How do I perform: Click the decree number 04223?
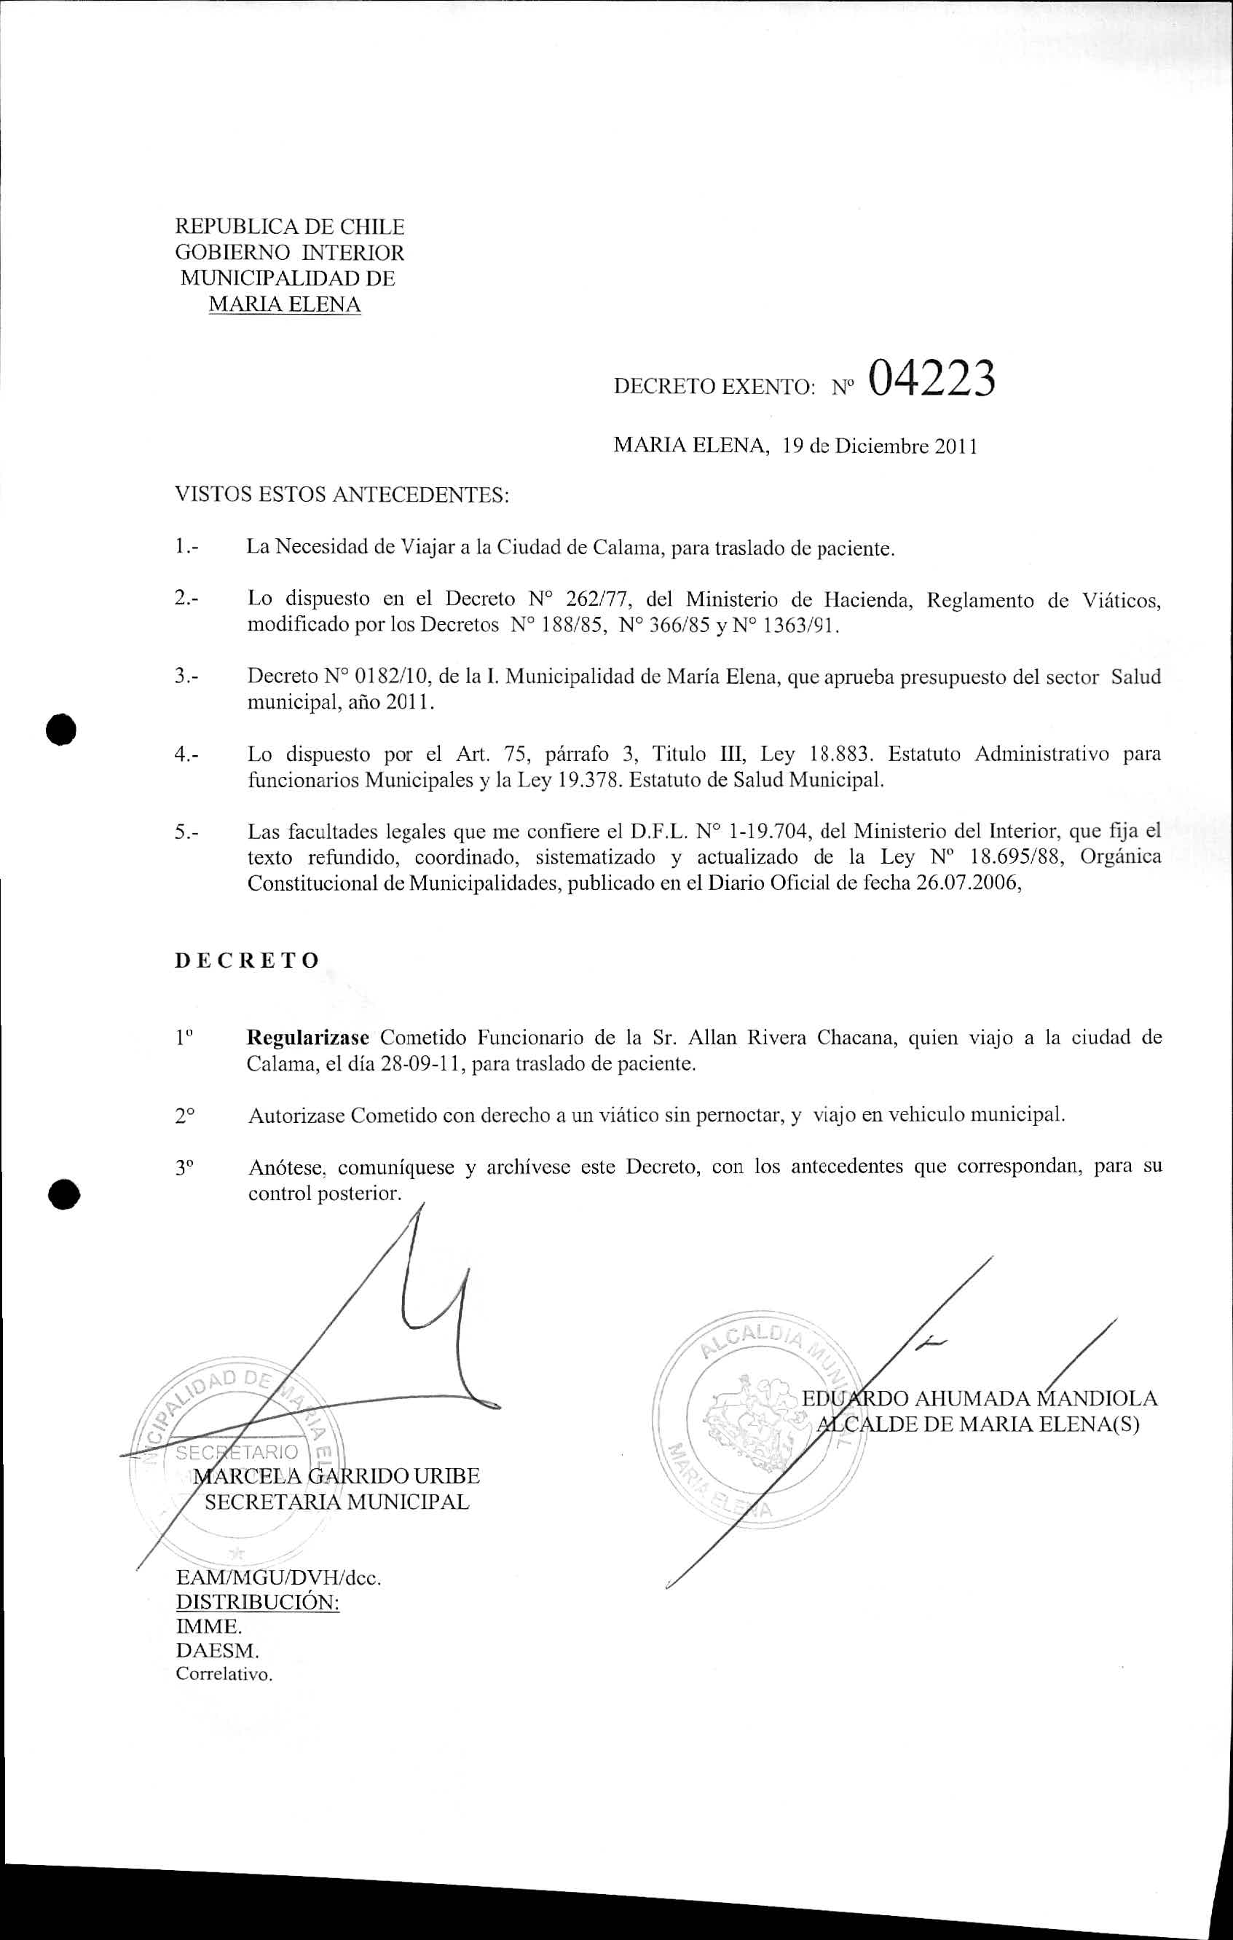click(931, 378)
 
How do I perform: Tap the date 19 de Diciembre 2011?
click(880, 446)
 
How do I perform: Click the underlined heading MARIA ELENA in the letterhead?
click(285, 304)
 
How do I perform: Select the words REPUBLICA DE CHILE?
click(289, 226)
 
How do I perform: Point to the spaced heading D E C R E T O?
click(248, 961)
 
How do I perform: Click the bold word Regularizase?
click(308, 1037)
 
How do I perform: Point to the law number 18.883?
click(841, 754)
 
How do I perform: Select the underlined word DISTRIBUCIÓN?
click(257, 1601)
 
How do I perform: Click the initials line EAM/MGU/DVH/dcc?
click(278, 1577)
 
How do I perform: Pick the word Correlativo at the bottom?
click(224, 1673)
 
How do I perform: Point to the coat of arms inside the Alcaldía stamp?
click(756, 1419)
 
